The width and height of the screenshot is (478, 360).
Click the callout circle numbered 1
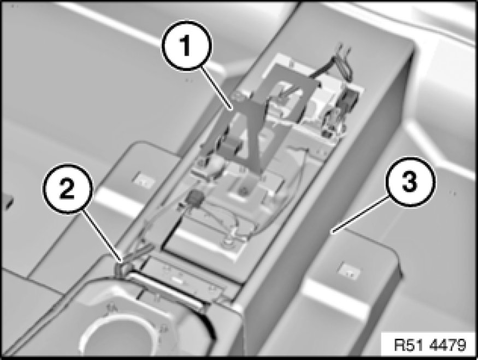(x=186, y=45)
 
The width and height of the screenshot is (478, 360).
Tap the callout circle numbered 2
(x=67, y=188)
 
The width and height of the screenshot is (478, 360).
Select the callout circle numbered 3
(x=410, y=182)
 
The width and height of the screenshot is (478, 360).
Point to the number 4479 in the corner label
(x=447, y=345)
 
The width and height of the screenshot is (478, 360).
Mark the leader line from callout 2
(x=103, y=236)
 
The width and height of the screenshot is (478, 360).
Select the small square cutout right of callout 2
(x=143, y=180)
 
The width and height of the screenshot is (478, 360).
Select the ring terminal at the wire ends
(x=227, y=243)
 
